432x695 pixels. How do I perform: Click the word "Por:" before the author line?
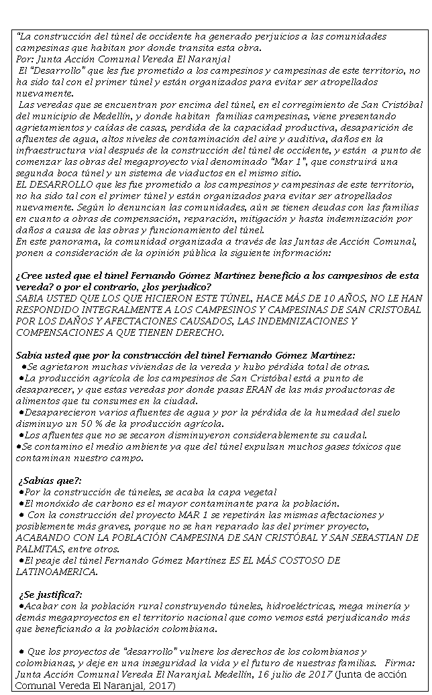click(x=24, y=59)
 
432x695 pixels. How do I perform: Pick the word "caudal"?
click(x=349, y=434)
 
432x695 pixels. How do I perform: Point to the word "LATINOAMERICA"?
click(x=56, y=572)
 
